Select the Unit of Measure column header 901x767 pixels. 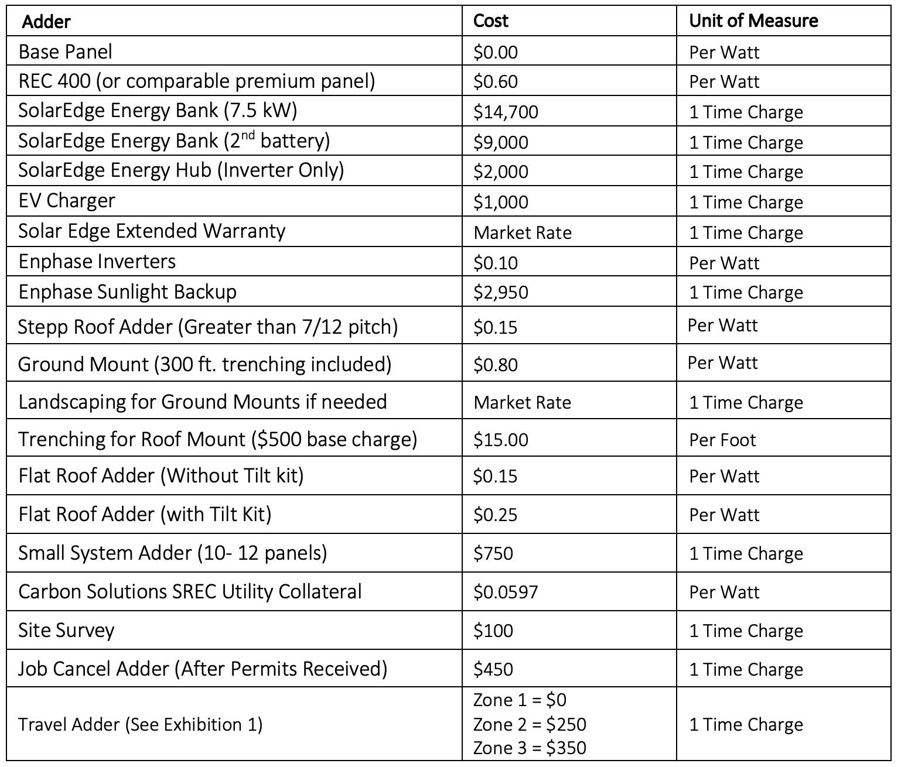pyautogui.click(x=753, y=21)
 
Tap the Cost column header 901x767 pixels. pyautogui.click(x=490, y=21)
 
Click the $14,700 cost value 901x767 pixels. pyautogui.click(x=506, y=112)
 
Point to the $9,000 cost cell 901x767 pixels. pyautogui.click(x=500, y=142)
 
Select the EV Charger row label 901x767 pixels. pyautogui.click(x=66, y=201)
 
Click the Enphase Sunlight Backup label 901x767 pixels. pyautogui.click(x=127, y=292)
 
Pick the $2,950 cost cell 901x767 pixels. pyautogui.click(x=500, y=292)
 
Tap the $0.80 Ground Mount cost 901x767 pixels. pyautogui.click(x=495, y=365)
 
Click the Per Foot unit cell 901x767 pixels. pyautogui.click(x=722, y=440)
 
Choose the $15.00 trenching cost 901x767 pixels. pyautogui.click(x=500, y=440)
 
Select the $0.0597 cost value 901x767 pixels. pyautogui.click(x=505, y=592)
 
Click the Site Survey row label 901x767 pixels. pyautogui.click(x=66, y=631)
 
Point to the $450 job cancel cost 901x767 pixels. pyautogui.click(x=493, y=669)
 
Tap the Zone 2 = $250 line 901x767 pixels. pyautogui.click(x=529, y=724)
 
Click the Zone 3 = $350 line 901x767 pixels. pyautogui.click(x=529, y=748)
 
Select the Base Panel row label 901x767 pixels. pyautogui.click(x=65, y=52)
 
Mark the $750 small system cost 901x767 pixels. pyautogui.click(x=493, y=553)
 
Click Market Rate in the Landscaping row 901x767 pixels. pyautogui.click(x=522, y=402)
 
